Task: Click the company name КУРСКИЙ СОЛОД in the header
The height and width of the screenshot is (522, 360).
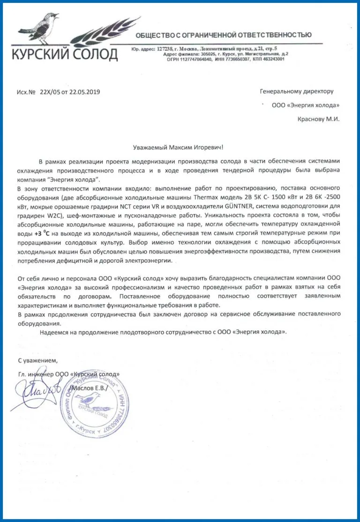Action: click(64, 55)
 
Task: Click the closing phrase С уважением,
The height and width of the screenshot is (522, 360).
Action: click(37, 360)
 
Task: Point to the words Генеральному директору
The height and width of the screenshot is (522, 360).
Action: click(296, 91)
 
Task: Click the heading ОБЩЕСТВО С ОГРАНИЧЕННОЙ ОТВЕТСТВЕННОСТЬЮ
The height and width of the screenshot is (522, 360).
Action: click(223, 35)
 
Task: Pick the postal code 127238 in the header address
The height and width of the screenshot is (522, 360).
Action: click(165, 49)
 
